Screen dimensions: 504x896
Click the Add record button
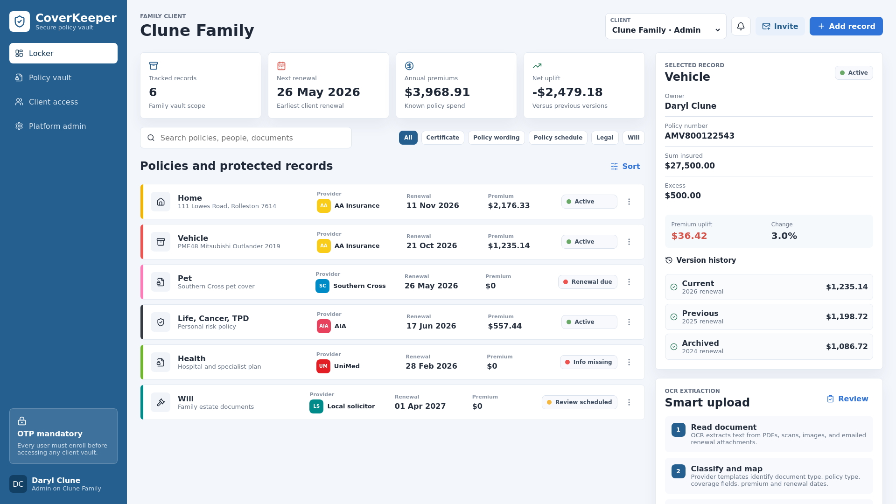point(846,26)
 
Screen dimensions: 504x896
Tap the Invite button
point(780,26)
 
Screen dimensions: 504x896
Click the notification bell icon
point(741,26)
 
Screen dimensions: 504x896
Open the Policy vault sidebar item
point(50,77)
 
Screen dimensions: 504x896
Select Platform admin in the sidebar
point(57,126)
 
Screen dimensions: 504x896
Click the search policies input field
point(246,138)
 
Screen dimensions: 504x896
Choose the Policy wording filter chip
point(496,138)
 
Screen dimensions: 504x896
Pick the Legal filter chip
point(605,138)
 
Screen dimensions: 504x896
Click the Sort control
point(625,166)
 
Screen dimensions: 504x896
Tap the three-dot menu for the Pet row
point(629,282)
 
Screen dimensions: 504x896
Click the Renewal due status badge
point(588,282)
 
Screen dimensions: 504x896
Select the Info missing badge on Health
point(588,362)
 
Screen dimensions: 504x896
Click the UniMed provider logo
point(323,366)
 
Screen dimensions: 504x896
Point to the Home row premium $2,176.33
point(509,206)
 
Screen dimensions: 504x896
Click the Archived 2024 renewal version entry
point(769,347)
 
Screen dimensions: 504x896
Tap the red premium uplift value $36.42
point(689,236)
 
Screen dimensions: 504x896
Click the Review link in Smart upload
point(847,399)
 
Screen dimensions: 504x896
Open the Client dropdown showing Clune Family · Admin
point(665,26)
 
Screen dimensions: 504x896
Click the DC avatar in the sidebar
point(18,484)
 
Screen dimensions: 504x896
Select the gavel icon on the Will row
point(161,402)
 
